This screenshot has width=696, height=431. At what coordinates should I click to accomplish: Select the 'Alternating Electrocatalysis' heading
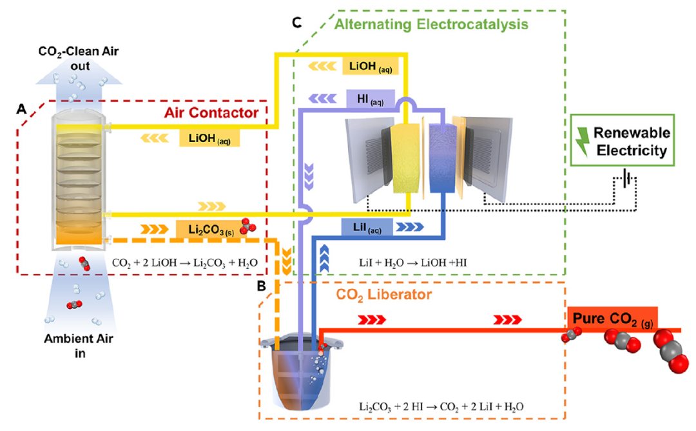(x=431, y=25)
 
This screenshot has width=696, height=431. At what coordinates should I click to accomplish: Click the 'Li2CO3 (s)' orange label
(x=202, y=228)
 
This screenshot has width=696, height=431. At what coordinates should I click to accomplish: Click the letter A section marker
(x=22, y=111)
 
